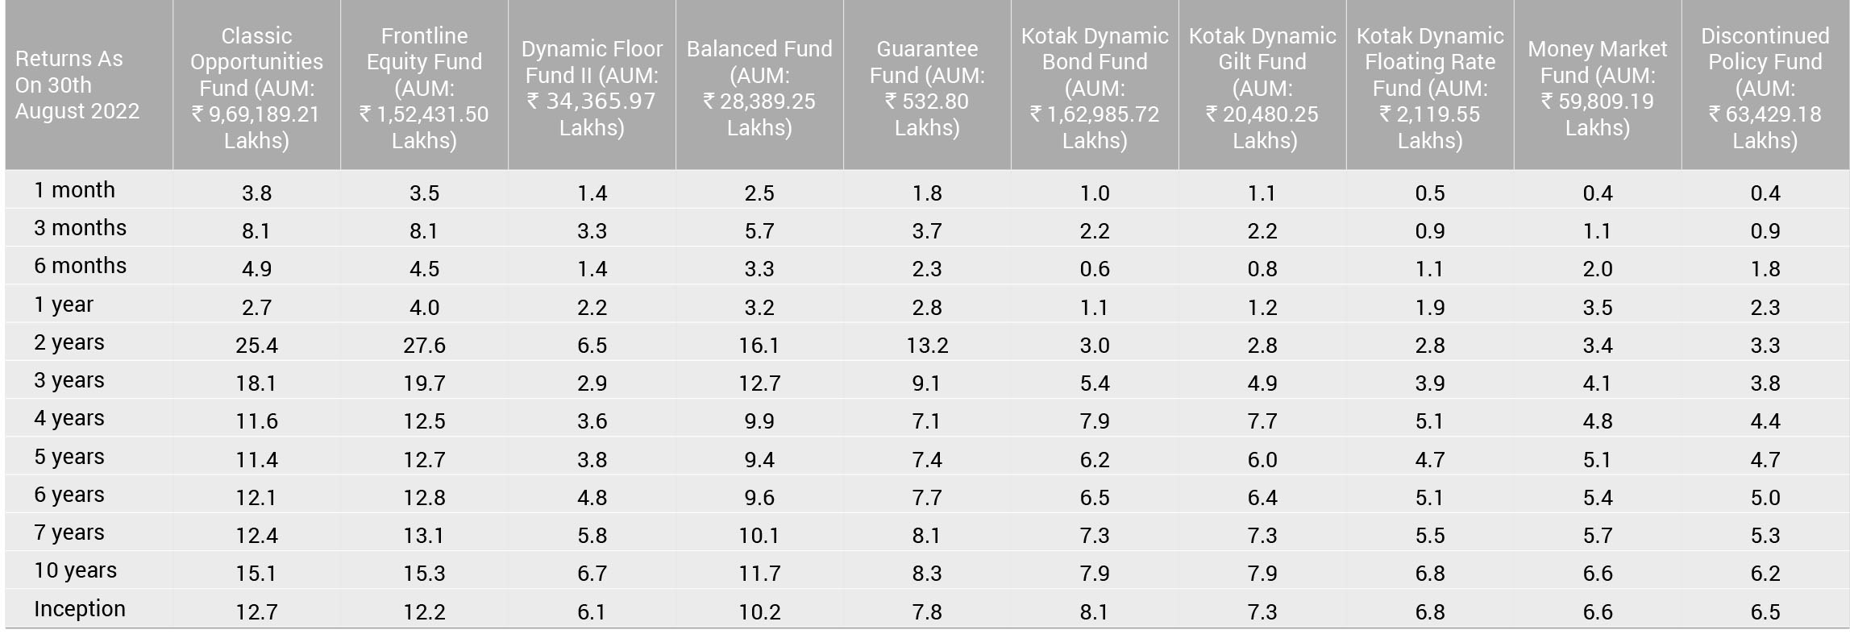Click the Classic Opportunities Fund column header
256,88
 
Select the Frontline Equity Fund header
424,88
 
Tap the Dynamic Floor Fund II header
592,88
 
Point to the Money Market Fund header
1598,88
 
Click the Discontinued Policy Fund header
1765,88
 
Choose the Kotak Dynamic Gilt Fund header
1262,88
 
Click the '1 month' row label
75,190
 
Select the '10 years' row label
76,570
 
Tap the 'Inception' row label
80,609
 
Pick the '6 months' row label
81,266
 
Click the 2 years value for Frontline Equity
424,346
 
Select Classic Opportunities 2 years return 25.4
256,346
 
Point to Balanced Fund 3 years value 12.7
759,383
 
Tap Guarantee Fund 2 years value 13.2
927,346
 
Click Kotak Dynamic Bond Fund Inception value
1095,612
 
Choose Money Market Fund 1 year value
1598,308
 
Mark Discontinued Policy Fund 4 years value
1765,421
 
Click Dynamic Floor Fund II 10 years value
592,574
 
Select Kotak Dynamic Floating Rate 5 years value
1430,460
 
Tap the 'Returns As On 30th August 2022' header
77,85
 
